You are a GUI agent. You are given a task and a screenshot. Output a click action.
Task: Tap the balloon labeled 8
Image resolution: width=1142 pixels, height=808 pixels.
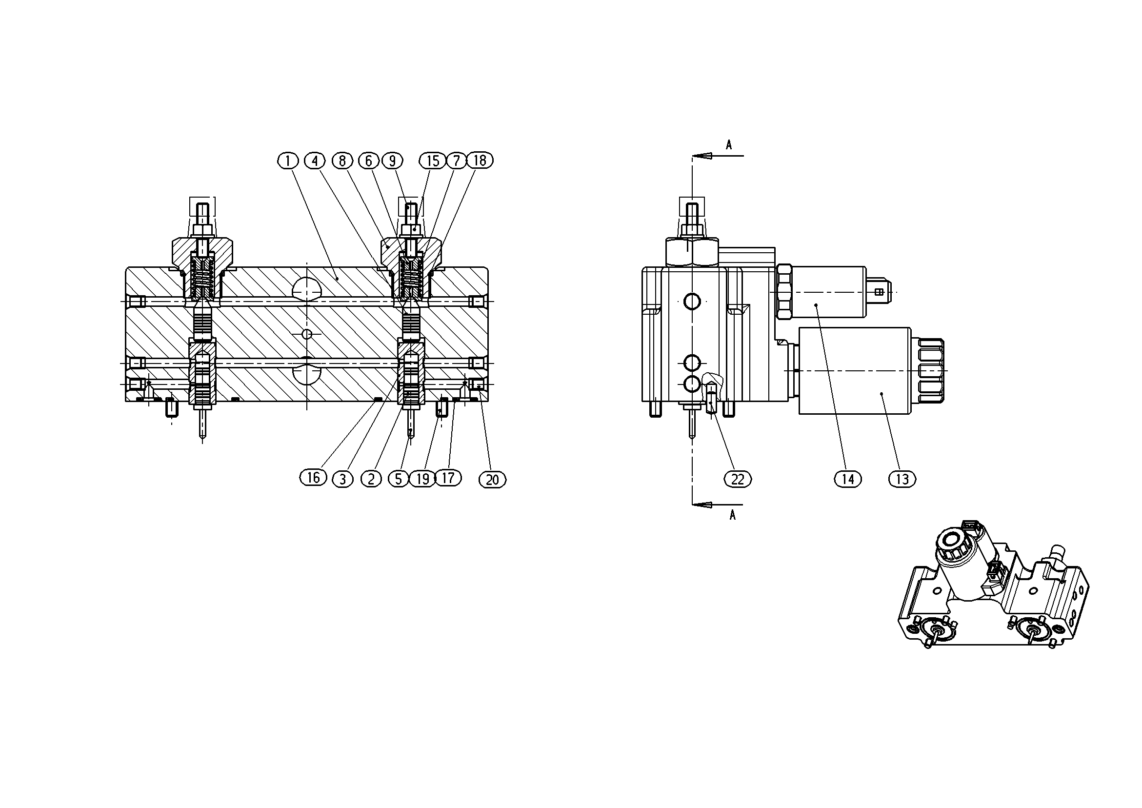342,161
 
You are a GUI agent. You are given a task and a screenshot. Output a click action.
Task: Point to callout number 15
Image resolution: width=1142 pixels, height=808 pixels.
433,161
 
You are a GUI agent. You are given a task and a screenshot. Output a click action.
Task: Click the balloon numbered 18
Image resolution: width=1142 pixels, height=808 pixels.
480,160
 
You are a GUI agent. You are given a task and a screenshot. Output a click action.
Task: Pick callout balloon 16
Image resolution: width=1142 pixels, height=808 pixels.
313,478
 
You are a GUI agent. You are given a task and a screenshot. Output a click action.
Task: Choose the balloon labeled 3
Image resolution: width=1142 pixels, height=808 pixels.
343,479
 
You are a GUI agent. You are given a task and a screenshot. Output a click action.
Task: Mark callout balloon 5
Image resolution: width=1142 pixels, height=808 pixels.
399,479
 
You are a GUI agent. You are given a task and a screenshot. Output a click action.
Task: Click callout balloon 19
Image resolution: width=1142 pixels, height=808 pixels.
422,479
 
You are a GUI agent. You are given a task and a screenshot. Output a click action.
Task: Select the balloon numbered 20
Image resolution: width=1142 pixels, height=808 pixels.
492,480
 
